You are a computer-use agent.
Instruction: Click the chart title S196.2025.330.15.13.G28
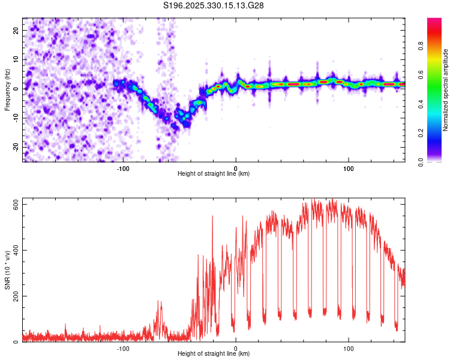coord(214,5)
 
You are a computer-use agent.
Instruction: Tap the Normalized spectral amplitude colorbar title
coord(445,89)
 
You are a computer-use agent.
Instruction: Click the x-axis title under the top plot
coord(214,174)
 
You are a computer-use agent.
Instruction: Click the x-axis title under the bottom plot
coord(214,354)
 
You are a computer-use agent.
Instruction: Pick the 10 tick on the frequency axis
coord(16,59)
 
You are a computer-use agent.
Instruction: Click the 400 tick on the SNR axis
coord(13,250)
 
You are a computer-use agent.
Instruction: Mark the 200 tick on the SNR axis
coord(13,296)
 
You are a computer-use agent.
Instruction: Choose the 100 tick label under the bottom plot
coord(348,347)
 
